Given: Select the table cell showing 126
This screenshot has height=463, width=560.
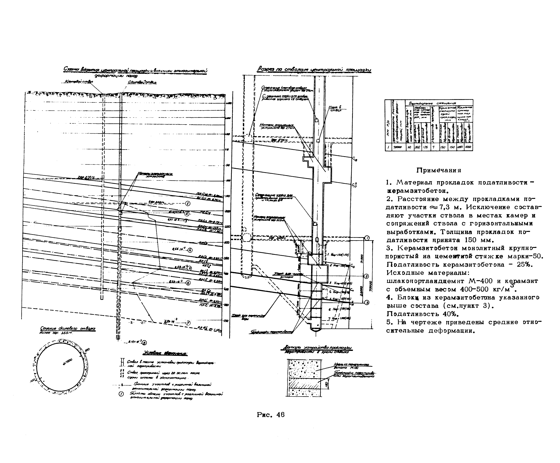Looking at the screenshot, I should pyautogui.click(x=425, y=147).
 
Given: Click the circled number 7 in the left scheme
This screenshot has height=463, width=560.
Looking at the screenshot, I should pyautogui.click(x=188, y=323).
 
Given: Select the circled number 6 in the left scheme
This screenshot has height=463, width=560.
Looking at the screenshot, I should pyautogui.click(x=188, y=283).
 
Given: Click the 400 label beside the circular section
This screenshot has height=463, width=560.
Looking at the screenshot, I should pyautogui.click(x=33, y=380).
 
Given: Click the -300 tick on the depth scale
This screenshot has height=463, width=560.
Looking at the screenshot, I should pyautogui.click(x=226, y=243).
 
